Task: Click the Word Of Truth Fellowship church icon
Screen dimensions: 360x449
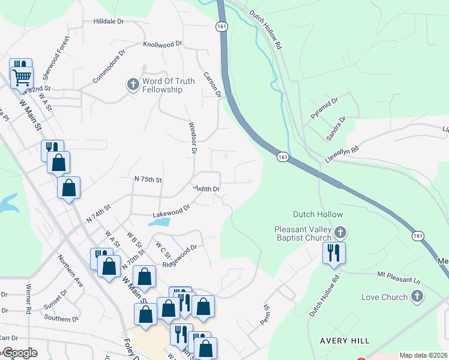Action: pyautogui.click(x=133, y=84)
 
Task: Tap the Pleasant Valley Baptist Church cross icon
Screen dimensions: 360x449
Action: pyautogui.click(x=340, y=232)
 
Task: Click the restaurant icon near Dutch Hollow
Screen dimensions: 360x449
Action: pyautogui.click(x=334, y=253)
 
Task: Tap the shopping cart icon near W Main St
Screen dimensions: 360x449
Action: pyautogui.click(x=22, y=77)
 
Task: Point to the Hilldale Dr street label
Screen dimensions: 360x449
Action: pyautogui.click(x=108, y=21)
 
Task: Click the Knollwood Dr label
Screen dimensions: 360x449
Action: pyautogui.click(x=162, y=44)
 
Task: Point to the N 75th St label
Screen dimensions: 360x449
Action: pyautogui.click(x=148, y=179)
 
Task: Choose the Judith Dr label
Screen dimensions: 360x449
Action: pyautogui.click(x=206, y=188)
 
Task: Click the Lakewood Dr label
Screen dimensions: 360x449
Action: pyautogui.click(x=171, y=209)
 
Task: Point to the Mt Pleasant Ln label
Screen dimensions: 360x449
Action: pyautogui.click(x=399, y=277)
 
